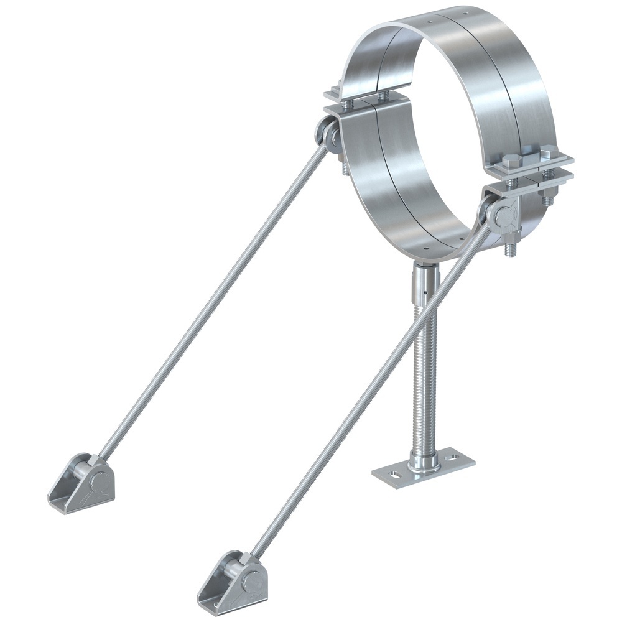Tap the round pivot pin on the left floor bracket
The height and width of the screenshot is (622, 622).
[100, 480]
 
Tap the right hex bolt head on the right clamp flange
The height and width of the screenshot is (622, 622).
[548, 151]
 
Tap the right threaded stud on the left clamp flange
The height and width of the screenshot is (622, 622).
[383, 96]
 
